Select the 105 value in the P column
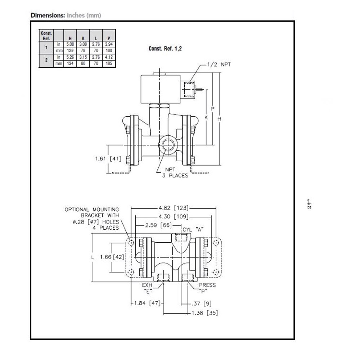click(x=109, y=63)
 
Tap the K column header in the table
click(x=83, y=38)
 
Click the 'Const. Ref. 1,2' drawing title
click(x=165, y=49)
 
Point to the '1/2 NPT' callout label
click(x=219, y=64)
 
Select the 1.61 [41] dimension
click(x=108, y=158)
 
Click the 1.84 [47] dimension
click(x=147, y=303)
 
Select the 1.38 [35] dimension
click(x=204, y=312)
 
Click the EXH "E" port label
click(x=148, y=288)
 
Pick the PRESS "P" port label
click(x=207, y=288)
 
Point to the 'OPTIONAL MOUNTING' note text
click(x=91, y=209)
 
